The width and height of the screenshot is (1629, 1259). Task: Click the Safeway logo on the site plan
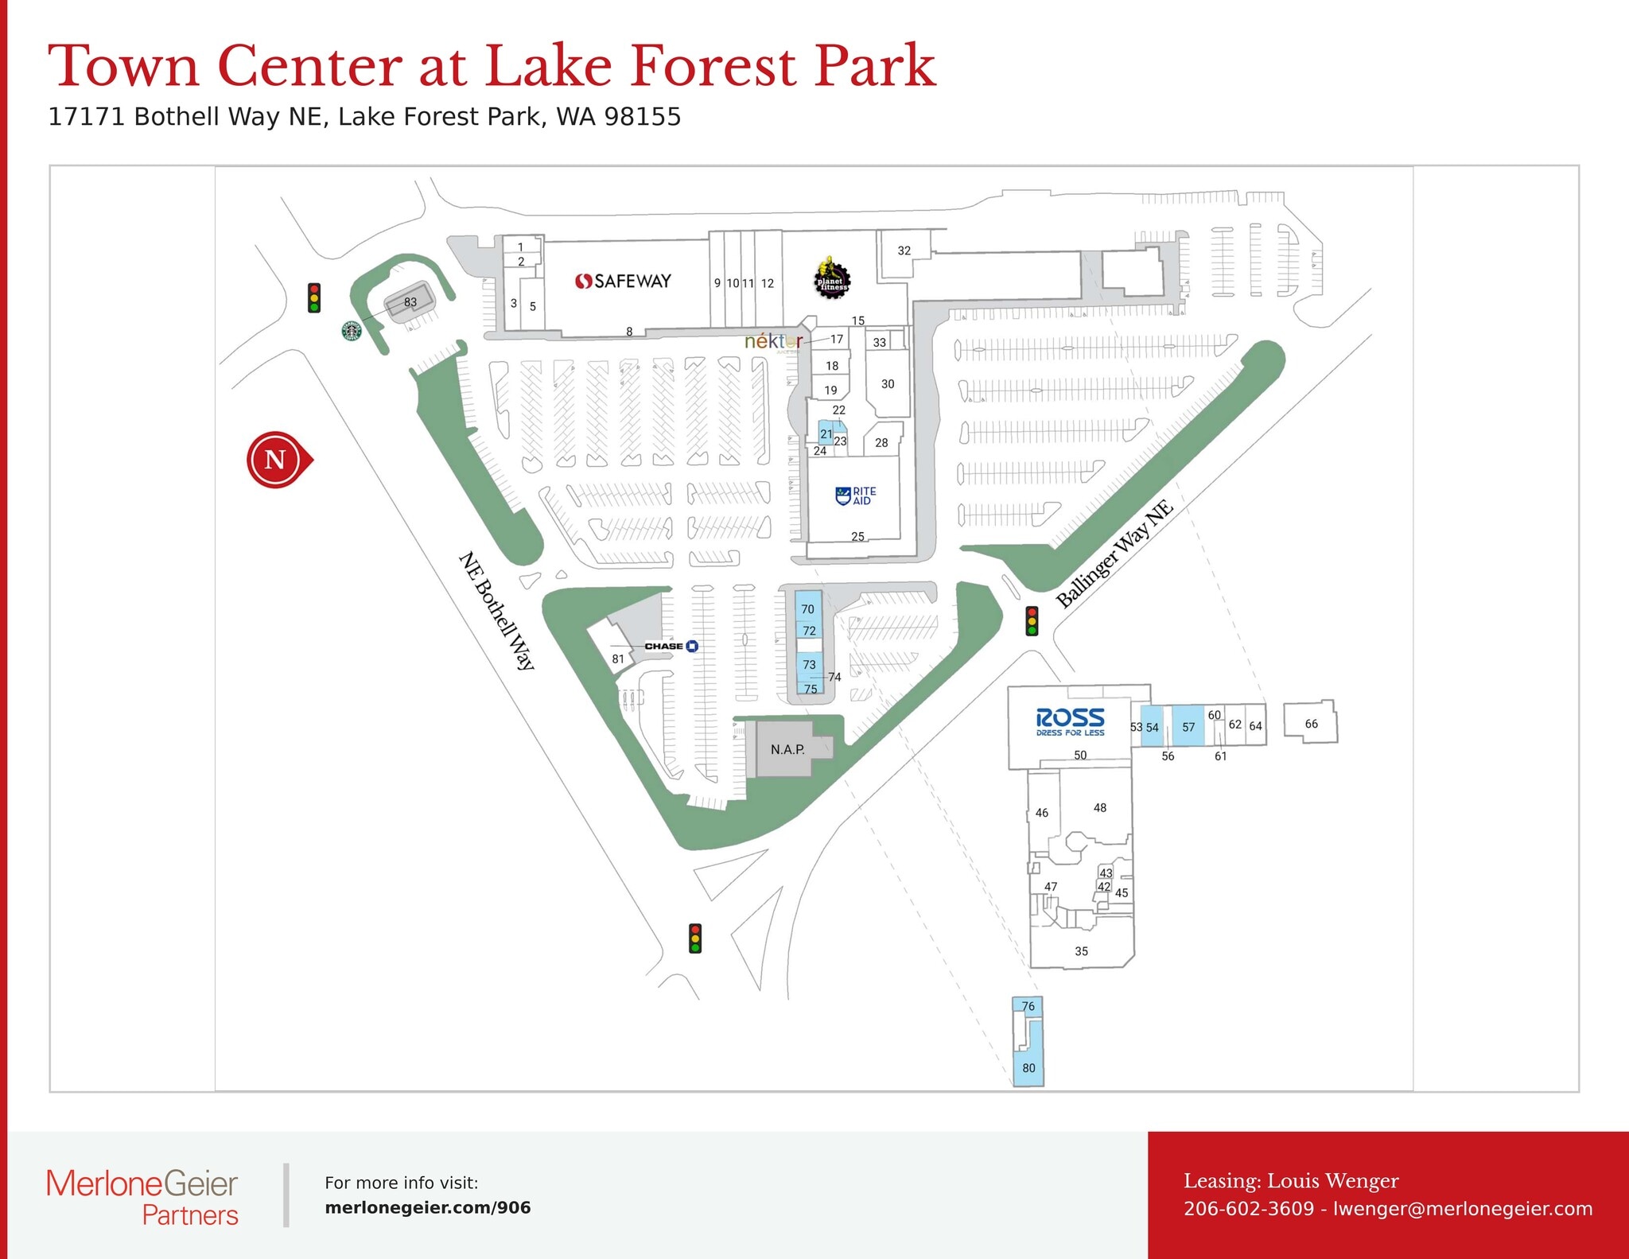tap(623, 281)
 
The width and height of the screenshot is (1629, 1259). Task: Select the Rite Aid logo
tap(856, 495)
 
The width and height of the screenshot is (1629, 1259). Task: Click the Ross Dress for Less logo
tap(1070, 722)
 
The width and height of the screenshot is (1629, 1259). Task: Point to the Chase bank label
tap(671, 646)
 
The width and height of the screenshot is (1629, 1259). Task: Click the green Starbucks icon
tap(352, 331)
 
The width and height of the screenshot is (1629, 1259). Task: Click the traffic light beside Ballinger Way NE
tap(1032, 620)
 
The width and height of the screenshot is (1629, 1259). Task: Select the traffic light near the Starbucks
tap(314, 297)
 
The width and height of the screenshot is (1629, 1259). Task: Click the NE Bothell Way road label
tap(498, 610)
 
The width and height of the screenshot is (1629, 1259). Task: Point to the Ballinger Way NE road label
tap(1114, 554)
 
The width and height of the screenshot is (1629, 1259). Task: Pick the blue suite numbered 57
tap(1188, 726)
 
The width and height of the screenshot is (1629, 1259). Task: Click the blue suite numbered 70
tap(808, 608)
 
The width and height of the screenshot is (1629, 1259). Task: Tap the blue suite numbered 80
tap(1028, 1067)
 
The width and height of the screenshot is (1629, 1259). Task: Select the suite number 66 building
tap(1311, 723)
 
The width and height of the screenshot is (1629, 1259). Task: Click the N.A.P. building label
tap(787, 749)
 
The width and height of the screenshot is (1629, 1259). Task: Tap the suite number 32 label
tap(904, 251)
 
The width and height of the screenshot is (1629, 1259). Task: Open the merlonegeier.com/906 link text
tap(428, 1207)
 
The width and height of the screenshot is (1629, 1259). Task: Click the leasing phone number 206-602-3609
tap(1249, 1209)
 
